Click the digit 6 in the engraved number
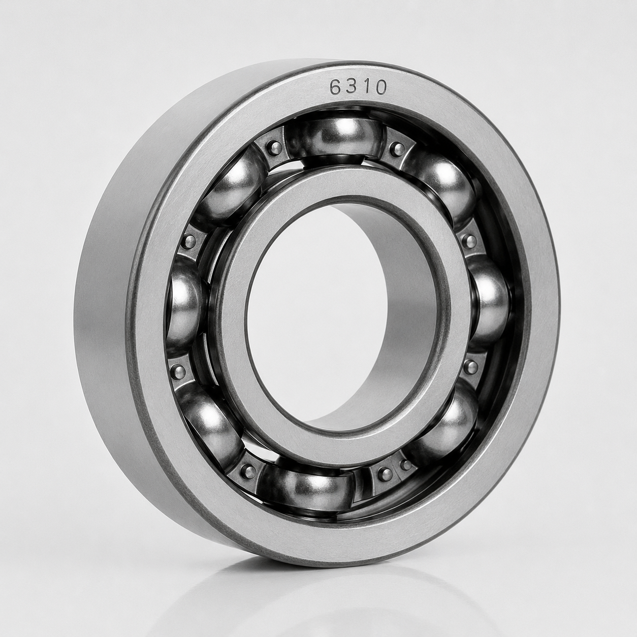click(336, 87)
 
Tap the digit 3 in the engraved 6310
click(352, 87)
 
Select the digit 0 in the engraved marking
click(380, 87)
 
